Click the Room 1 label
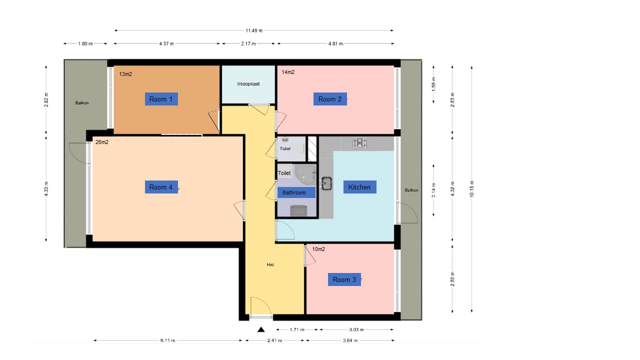click(x=161, y=99)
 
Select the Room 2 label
click(x=330, y=99)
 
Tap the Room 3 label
click(x=344, y=279)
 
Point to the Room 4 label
click(x=161, y=187)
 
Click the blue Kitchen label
click(x=359, y=187)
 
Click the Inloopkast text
click(x=248, y=84)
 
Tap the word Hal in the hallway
click(x=270, y=264)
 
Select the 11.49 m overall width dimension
click(x=253, y=30)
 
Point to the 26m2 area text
click(x=102, y=142)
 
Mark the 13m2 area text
click(x=125, y=74)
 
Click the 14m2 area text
click(x=288, y=72)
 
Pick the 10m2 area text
click(x=318, y=248)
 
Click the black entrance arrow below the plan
click(x=260, y=329)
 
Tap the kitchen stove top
click(x=359, y=143)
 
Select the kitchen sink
click(x=327, y=183)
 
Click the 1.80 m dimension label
click(x=85, y=43)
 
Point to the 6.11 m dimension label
click(x=167, y=340)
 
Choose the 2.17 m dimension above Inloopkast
click(x=248, y=43)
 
